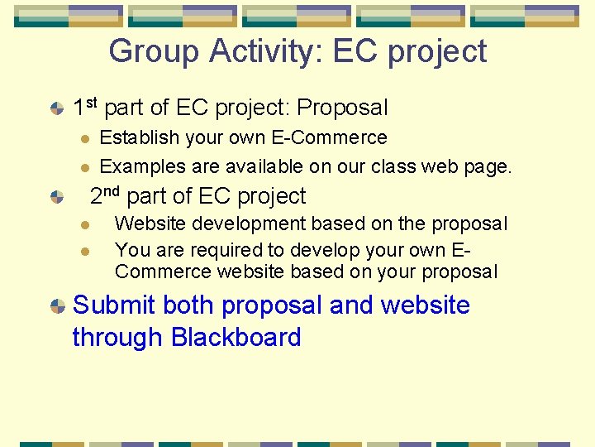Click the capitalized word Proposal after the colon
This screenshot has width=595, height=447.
[x=342, y=108]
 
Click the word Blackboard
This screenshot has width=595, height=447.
[x=236, y=337]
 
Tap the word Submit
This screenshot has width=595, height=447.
[x=114, y=305]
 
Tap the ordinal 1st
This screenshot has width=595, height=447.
[x=86, y=107]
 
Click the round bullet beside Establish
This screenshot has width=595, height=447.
[x=83, y=138]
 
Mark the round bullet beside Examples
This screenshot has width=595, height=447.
[x=83, y=167]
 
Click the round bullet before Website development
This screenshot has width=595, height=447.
[x=83, y=224]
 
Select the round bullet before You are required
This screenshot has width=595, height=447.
[x=83, y=250]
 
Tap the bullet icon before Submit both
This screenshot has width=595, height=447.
[x=57, y=306]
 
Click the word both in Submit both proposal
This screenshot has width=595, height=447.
[x=188, y=305]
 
